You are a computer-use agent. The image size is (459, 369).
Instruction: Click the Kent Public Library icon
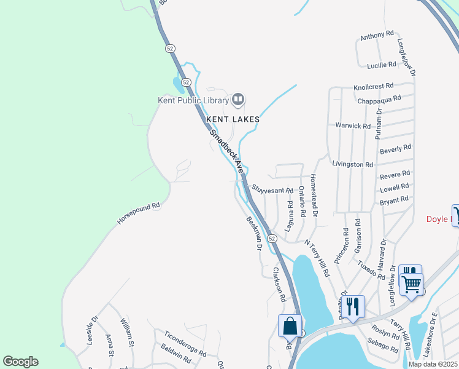(238, 99)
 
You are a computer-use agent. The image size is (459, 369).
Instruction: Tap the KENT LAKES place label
(233, 119)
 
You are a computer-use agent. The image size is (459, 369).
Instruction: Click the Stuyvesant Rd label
(272, 191)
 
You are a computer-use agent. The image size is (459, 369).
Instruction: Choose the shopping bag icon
(290, 325)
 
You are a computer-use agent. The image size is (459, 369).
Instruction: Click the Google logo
(20, 362)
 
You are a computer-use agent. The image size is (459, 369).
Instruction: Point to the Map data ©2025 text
(433, 364)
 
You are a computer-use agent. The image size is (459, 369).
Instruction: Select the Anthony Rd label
(376, 36)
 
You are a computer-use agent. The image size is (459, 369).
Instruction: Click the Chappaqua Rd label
(379, 98)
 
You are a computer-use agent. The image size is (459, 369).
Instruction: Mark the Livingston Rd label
(352, 165)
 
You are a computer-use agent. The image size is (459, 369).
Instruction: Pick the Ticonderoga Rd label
(185, 343)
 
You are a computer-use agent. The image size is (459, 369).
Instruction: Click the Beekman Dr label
(254, 233)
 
